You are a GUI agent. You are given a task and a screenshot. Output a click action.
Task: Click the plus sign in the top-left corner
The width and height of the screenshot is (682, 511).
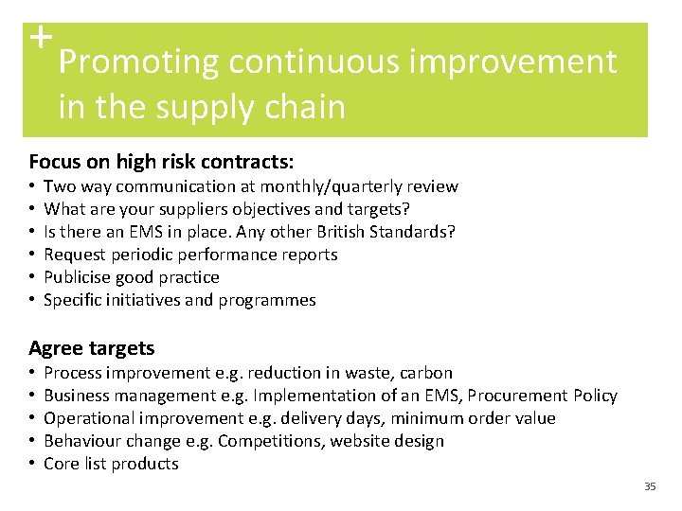39,37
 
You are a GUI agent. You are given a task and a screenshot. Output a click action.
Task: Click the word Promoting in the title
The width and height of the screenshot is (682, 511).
138,62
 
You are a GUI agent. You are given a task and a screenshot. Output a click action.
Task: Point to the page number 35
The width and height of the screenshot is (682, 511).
649,486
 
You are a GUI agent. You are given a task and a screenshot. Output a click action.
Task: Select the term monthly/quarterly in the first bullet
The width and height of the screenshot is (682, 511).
327,186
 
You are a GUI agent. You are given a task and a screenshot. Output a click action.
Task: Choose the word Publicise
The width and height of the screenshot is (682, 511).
81,277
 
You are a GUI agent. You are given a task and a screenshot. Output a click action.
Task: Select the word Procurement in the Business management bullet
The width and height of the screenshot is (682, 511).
517,396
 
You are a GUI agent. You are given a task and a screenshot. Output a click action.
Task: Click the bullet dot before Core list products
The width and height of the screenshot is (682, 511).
33,464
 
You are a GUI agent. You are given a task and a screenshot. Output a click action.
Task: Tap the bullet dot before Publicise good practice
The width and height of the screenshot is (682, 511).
33,277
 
